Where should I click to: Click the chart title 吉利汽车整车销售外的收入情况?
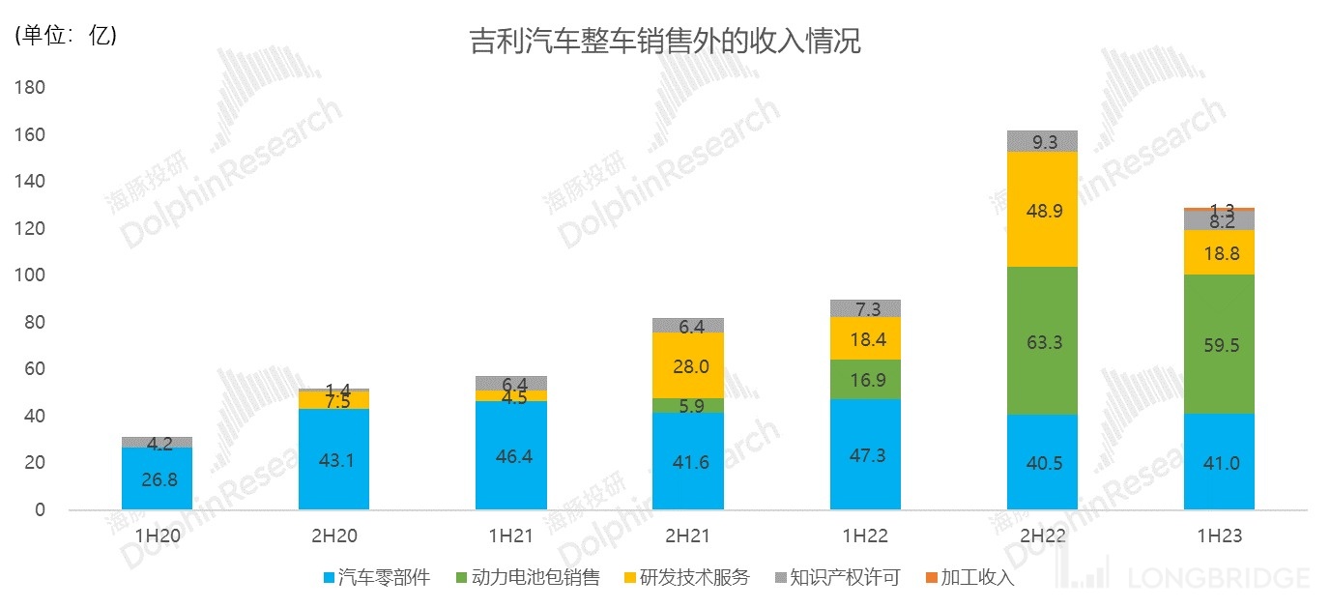(664, 43)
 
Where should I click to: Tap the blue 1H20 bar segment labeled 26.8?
(157, 478)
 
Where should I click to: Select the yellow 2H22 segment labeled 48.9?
(1042, 210)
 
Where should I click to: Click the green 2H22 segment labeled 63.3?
(1042, 340)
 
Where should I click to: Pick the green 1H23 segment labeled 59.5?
(1219, 344)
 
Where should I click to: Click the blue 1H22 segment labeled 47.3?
(865, 454)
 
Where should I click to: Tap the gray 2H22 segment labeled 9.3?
(1042, 141)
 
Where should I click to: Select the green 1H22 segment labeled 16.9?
(865, 379)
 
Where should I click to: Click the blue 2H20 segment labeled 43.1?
(333, 459)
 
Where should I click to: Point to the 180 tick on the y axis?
(30, 88)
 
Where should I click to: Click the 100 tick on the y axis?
(30, 275)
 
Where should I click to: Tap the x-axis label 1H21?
(510, 536)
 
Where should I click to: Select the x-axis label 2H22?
(1042, 536)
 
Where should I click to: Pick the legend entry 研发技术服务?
(687, 578)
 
